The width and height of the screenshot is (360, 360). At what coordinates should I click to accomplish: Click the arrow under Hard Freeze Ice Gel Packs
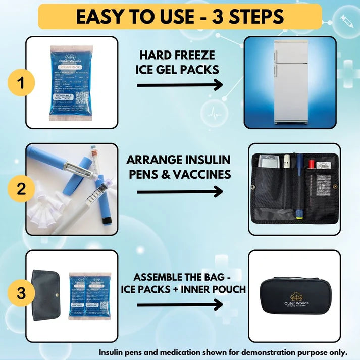pyautogui.click(x=180, y=85)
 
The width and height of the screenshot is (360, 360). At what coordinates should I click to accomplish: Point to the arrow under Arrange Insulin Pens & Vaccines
pyautogui.click(x=180, y=191)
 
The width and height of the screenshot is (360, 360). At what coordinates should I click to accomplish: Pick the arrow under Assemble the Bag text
pyautogui.click(x=180, y=304)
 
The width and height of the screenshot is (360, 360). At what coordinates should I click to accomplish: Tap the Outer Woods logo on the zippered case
pyautogui.click(x=300, y=296)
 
